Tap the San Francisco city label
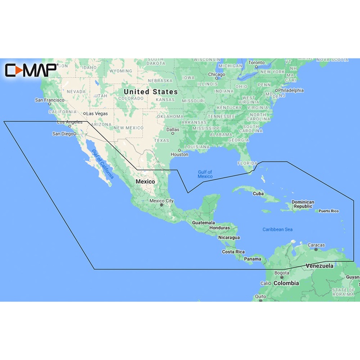click(50, 100)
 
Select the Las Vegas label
click(97, 113)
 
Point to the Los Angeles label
click(70, 122)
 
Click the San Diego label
click(63, 134)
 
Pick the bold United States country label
click(150, 91)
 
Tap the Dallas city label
click(172, 130)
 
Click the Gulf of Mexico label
click(205, 174)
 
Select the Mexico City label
click(162, 201)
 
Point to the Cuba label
click(258, 193)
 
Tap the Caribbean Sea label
click(278, 229)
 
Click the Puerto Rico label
click(330, 211)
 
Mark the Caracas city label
click(316, 245)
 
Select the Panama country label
click(252, 259)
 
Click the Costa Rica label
click(233, 252)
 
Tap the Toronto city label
click(257, 63)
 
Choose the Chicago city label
click(216, 74)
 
